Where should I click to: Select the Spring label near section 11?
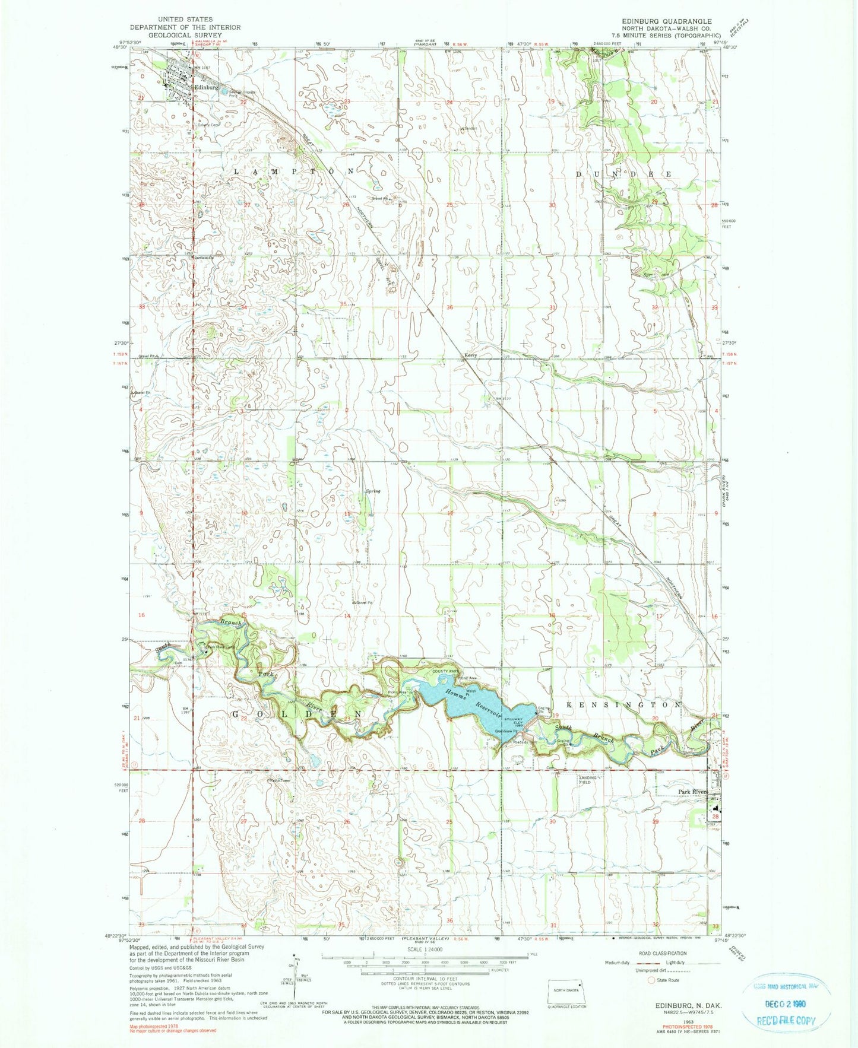[x=373, y=491]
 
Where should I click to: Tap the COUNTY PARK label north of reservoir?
[x=447, y=671]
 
